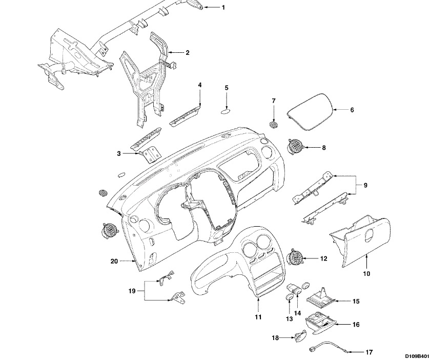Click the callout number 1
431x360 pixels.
pyautogui.click(x=223, y=8)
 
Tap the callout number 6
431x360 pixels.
pyautogui.click(x=352, y=110)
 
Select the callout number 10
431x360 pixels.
pyautogui.click(x=366, y=274)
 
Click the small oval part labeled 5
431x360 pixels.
pyautogui.click(x=227, y=110)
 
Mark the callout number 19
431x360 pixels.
pyautogui.click(x=132, y=291)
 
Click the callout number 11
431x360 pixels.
pyautogui.click(x=259, y=317)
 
